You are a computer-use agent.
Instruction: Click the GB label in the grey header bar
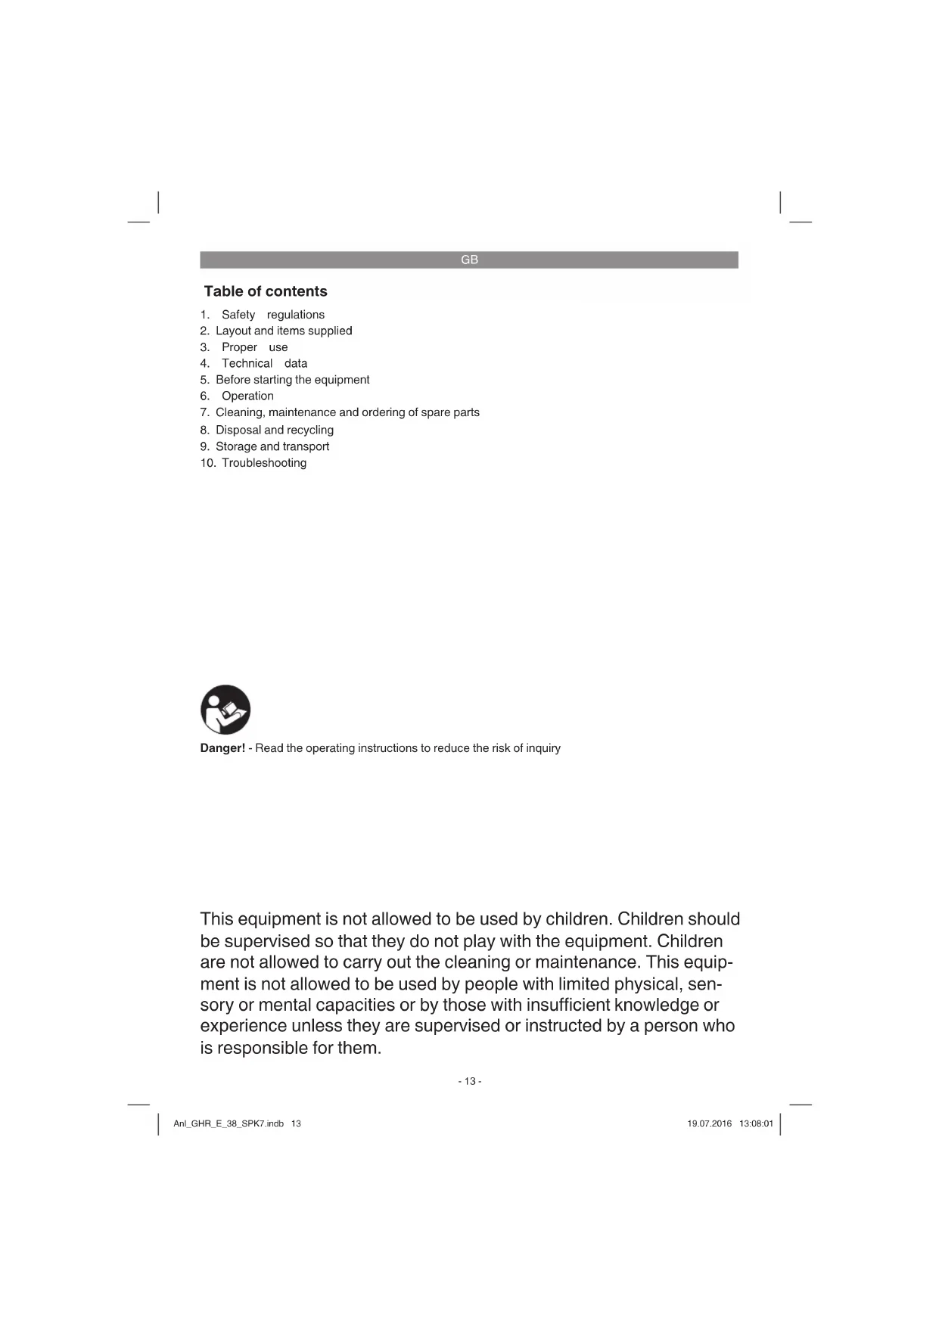[469, 259]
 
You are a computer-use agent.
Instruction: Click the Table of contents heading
[266, 291]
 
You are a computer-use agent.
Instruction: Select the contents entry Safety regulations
[272, 315]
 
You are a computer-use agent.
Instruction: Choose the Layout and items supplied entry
[284, 331]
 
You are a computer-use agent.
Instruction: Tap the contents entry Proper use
[254, 347]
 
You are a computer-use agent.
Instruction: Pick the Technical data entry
[264, 363]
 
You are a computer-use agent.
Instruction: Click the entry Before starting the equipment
[292, 380]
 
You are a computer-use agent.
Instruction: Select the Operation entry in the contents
[247, 396]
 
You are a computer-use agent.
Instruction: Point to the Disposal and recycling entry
[274, 430]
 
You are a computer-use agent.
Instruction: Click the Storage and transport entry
[272, 446]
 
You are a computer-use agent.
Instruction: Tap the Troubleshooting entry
[263, 463]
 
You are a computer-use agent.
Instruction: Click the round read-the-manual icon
[225, 710]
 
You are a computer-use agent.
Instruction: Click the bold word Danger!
[222, 748]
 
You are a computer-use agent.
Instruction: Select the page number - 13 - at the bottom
[469, 1081]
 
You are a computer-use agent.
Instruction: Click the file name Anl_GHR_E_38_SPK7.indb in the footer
[229, 1123]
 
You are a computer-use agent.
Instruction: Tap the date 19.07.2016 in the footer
[709, 1123]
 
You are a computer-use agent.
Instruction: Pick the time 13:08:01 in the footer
[756, 1123]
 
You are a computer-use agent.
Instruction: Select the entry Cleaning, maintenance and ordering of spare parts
[347, 412]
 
